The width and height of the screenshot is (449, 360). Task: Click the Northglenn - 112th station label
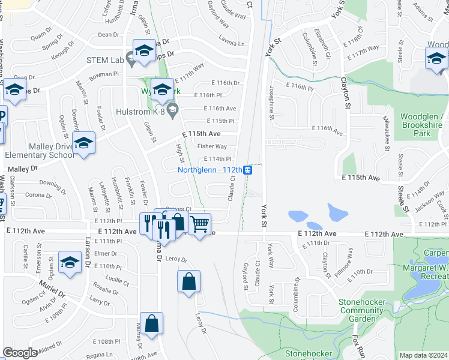pyautogui.click(x=209, y=170)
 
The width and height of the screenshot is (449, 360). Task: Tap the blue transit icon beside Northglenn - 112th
pyautogui.click(x=247, y=170)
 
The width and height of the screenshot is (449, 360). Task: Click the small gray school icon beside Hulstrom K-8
pyautogui.click(x=173, y=109)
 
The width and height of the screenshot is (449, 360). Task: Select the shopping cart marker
pyautogui.click(x=199, y=224)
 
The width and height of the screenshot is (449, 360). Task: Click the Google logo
pyautogui.click(x=20, y=353)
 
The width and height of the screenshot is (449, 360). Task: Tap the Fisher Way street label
pyautogui.click(x=212, y=146)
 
